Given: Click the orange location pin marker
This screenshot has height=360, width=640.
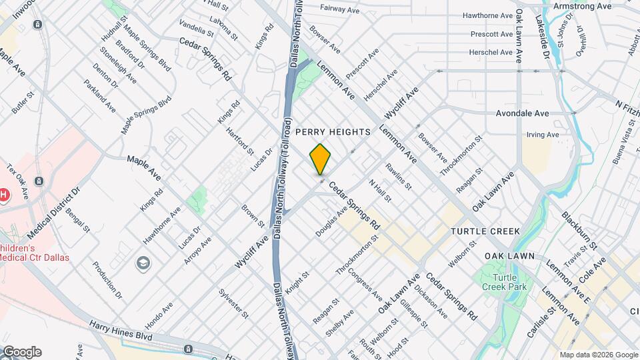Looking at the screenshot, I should point(321,159).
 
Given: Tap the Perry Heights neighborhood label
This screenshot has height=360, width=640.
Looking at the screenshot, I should point(332,132).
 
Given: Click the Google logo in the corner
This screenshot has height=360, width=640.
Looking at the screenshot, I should point(21,351).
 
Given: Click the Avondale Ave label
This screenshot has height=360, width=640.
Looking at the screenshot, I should point(522,113).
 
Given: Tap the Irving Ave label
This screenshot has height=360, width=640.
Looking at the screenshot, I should point(542,135).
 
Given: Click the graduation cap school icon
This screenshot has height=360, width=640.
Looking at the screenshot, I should point(143,263).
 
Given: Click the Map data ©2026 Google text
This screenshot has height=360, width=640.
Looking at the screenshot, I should point(598,354).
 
